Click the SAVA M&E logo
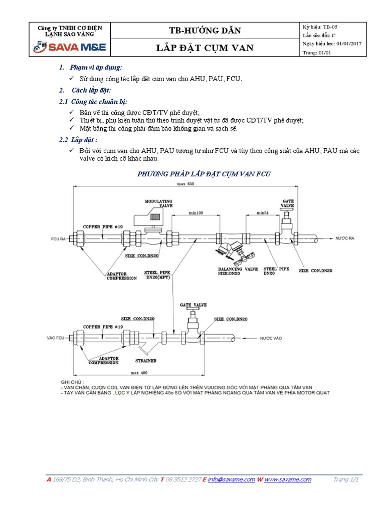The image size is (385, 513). [x=69, y=48]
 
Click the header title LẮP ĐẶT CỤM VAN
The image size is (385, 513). [x=206, y=48]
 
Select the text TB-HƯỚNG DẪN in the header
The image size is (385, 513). [x=206, y=31]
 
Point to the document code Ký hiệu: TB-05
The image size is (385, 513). [x=324, y=27]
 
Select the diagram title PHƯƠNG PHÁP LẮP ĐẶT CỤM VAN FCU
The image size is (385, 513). [x=204, y=174]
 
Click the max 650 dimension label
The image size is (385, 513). [x=185, y=185]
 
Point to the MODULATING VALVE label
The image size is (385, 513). [x=158, y=203]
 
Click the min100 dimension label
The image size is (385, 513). [x=197, y=213]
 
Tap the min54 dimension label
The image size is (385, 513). [x=263, y=213]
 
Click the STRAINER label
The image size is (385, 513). [x=145, y=360]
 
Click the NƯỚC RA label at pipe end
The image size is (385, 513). [x=344, y=238]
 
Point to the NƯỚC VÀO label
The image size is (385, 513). [x=271, y=339]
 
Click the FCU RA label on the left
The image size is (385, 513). [x=59, y=239]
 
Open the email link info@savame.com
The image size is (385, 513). [x=231, y=479]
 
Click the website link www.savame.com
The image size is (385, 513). [x=288, y=479]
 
